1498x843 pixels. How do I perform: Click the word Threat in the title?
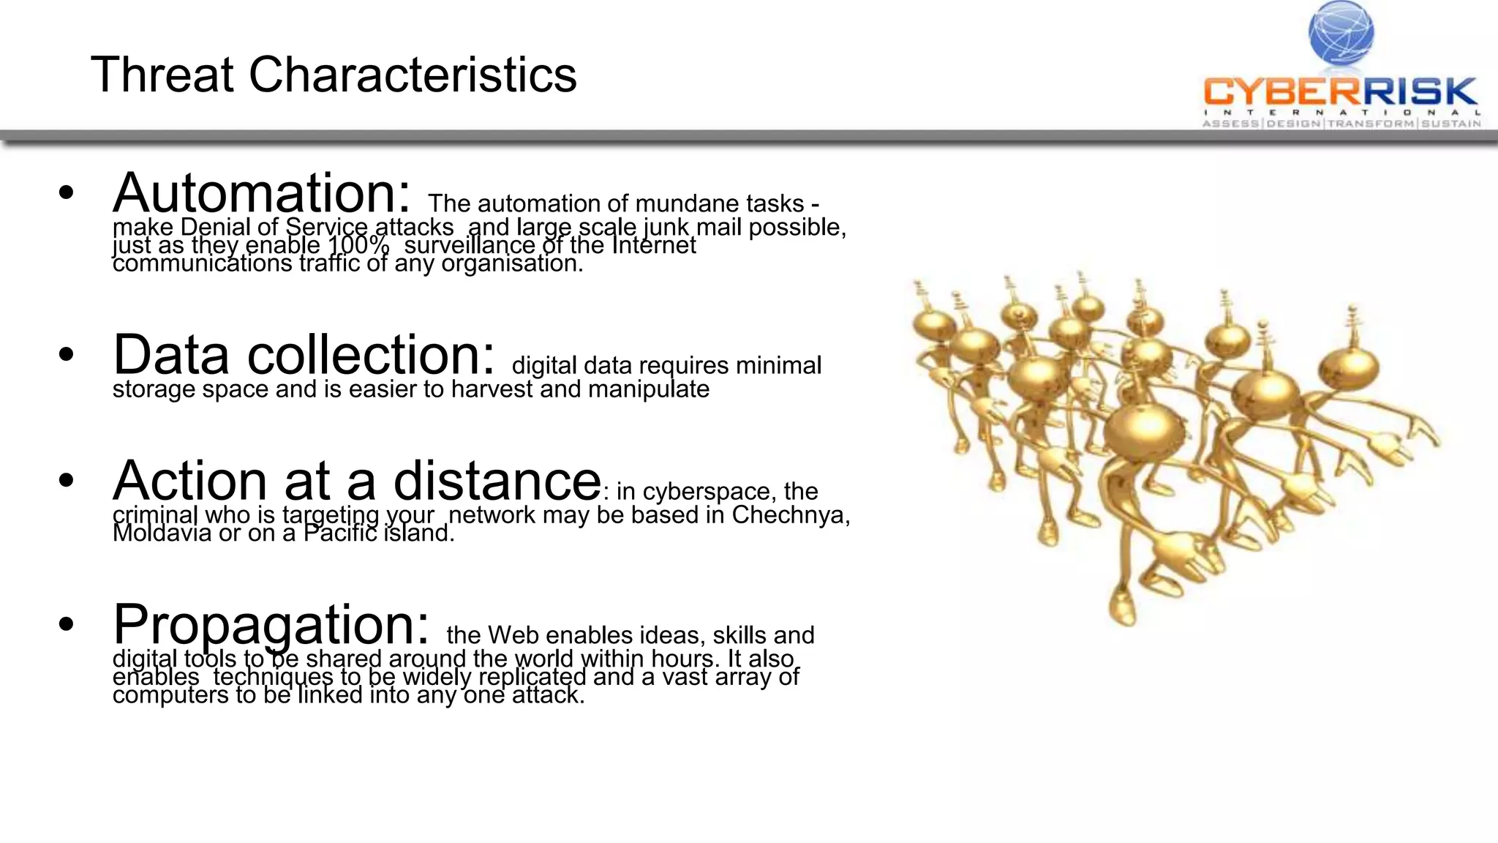(162, 75)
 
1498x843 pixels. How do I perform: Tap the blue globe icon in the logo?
(1341, 33)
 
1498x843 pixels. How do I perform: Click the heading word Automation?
(261, 192)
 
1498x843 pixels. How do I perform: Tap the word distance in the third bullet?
(497, 481)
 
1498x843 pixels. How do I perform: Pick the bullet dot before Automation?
(67, 193)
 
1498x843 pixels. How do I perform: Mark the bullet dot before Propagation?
(67, 625)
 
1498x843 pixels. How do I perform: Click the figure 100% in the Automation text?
(358, 245)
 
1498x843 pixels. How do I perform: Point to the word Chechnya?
(790, 514)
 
